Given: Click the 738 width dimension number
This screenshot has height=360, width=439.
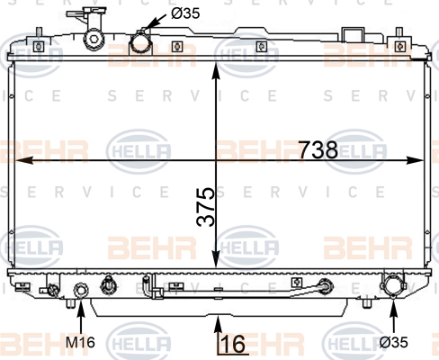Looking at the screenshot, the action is (x=318, y=149).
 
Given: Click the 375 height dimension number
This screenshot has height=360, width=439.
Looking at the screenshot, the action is (x=206, y=207).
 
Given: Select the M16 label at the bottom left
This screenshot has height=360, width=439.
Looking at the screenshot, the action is (x=80, y=342).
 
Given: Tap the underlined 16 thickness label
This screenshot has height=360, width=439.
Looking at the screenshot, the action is (x=234, y=344).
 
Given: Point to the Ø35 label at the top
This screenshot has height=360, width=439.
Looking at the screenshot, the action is (x=185, y=13).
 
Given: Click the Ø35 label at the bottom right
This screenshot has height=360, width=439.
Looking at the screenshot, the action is (x=394, y=342).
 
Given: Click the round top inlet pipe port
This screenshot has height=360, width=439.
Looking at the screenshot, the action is (x=139, y=43).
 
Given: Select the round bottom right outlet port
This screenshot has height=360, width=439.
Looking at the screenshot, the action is (x=393, y=286).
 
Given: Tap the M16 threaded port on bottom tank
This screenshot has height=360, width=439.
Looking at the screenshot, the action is (x=81, y=290).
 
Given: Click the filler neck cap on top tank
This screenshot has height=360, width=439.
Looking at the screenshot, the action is (x=94, y=39).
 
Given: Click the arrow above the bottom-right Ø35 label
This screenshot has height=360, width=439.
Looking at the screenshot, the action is (x=394, y=314).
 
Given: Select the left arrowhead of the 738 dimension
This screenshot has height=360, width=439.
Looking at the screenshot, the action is (x=23, y=160).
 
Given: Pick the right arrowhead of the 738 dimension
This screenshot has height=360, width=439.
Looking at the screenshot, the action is (x=414, y=160).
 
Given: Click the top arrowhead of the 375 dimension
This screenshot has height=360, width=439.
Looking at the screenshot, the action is (x=216, y=71).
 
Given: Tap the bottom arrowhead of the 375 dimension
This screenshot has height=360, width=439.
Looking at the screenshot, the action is (x=216, y=259).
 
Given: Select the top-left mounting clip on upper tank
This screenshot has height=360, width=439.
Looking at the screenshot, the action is (x=39, y=47).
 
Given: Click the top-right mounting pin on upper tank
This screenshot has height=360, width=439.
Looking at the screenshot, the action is (x=399, y=31).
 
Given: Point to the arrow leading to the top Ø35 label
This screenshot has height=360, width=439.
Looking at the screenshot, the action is (x=156, y=22).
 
